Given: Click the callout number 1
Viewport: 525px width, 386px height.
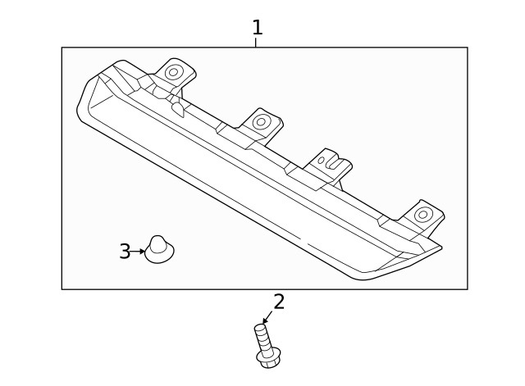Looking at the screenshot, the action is click(257, 27).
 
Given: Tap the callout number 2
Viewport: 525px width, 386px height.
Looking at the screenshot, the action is click(279, 302).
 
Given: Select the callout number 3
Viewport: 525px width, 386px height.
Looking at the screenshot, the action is click(125, 252).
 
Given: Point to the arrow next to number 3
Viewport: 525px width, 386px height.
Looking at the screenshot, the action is click(138, 252).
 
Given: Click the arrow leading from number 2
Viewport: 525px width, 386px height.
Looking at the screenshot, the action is click(268, 317).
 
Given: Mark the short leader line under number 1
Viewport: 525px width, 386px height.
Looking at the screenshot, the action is click(255, 43).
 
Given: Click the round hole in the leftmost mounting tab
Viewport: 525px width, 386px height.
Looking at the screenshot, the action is click(173, 72).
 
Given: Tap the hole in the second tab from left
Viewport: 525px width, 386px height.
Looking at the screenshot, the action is click(261, 121).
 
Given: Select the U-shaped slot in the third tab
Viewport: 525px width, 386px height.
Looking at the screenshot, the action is click(334, 162).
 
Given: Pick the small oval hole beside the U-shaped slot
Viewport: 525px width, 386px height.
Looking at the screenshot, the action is click(321, 161).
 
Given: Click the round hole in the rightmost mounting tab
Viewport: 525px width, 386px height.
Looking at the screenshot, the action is click(423, 215).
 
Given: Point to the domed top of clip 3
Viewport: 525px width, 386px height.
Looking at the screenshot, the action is click(157, 243).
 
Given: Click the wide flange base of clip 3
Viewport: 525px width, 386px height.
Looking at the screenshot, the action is click(159, 256).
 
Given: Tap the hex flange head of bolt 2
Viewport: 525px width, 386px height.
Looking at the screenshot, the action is click(268, 358).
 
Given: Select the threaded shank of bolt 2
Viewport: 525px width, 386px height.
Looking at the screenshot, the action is click(262, 338).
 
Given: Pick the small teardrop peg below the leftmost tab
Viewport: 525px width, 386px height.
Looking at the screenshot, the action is click(178, 109).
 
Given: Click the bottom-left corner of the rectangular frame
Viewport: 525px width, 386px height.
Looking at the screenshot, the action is click(62, 289).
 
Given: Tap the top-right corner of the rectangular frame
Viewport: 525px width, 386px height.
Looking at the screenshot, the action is click(468, 48).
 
